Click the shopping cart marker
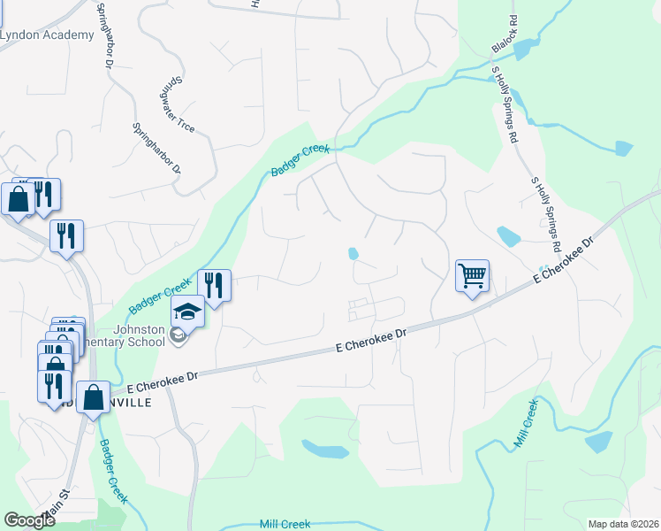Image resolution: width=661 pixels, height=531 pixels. [x=472, y=275]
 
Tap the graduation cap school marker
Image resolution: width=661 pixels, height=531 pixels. [x=187, y=312]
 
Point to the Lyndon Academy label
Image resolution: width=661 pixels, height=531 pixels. [x=47, y=35]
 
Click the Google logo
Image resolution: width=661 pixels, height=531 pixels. [x=29, y=520]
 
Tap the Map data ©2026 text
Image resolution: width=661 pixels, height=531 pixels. [x=622, y=524]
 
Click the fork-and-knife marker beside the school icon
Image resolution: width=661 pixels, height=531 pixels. [x=214, y=285]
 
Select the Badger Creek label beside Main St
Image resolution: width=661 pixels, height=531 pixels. [x=113, y=470]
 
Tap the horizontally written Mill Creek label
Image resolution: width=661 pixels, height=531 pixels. [x=285, y=524]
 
